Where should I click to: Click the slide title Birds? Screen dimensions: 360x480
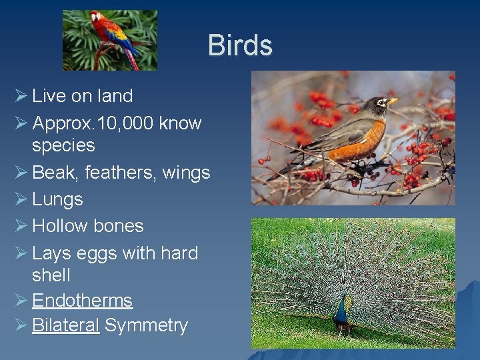[x=240, y=45]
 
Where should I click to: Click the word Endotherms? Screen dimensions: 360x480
[x=82, y=301]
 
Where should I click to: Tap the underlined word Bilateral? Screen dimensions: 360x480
[x=65, y=325]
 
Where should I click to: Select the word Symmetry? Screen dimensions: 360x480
[x=146, y=326]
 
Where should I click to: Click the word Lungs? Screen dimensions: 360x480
[x=57, y=199]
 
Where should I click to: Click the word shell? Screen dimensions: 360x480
[x=51, y=275]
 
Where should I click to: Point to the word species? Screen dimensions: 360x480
[x=63, y=145]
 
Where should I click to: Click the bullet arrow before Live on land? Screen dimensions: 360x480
[x=20, y=96]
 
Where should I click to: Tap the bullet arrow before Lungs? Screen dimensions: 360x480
[x=20, y=199]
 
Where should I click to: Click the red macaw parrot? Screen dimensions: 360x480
[x=113, y=37]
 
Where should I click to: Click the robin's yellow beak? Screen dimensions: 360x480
[x=393, y=101]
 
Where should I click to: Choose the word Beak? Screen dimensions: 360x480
[x=54, y=173]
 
